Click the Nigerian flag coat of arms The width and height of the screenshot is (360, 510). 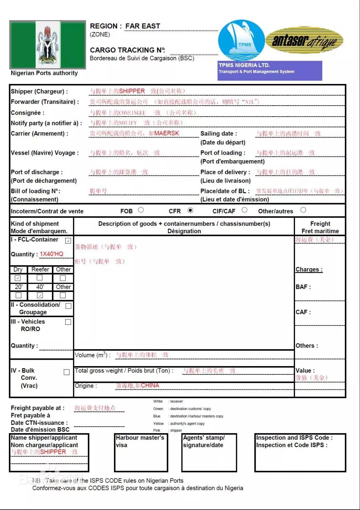(48, 45)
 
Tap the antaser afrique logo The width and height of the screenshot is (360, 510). (305, 41)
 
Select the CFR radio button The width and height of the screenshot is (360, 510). (190, 210)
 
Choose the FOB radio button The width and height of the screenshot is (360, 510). (141, 210)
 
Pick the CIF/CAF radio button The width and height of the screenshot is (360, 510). (245, 210)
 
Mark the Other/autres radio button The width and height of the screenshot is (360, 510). (303, 210)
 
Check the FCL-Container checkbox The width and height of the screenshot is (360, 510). (68, 241)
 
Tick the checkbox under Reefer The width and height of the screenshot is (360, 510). (40, 278)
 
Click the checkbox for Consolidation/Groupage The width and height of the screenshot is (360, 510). (68, 306)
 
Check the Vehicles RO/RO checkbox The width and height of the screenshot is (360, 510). (68, 322)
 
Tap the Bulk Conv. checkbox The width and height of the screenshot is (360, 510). (67, 372)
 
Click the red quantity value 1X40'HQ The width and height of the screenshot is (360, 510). (52, 254)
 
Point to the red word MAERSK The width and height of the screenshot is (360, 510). (167, 133)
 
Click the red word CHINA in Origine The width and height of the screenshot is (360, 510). (150, 385)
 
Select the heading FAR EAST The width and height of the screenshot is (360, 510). (143, 26)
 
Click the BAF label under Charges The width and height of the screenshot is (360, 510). (303, 287)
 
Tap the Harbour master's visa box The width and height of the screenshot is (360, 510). (141, 453)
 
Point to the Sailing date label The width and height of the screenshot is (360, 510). (218, 134)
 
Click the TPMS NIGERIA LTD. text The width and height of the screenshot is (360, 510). (244, 65)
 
